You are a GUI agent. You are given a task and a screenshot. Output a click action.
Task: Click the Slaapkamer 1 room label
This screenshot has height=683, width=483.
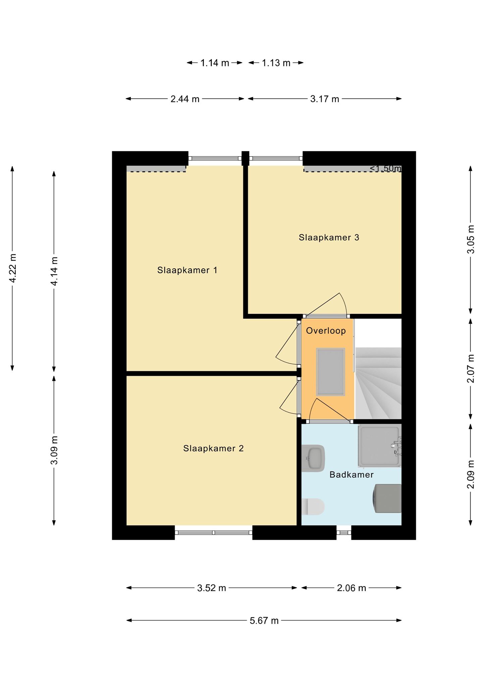(x=187, y=270)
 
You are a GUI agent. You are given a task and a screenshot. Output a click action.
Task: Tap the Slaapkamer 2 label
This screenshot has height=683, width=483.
(x=213, y=448)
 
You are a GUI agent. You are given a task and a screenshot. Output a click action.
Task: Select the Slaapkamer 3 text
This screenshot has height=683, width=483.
(x=329, y=238)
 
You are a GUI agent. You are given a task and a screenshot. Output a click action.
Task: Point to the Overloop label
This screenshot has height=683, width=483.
(x=326, y=331)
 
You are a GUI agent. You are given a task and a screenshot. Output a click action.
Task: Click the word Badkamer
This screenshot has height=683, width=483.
(x=352, y=475)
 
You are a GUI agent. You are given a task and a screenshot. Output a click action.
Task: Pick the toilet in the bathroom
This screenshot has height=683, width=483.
(x=313, y=507)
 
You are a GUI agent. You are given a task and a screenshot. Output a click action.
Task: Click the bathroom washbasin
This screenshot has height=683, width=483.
(x=313, y=458)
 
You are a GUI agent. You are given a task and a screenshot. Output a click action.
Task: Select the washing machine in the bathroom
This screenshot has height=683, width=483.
(x=388, y=498)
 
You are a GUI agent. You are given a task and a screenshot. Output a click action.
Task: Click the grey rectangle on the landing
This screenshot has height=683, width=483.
(x=330, y=372)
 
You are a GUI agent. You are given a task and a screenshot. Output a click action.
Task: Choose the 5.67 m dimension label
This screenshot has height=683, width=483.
(x=264, y=621)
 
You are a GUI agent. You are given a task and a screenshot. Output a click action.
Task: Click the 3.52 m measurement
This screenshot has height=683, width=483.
(x=211, y=588)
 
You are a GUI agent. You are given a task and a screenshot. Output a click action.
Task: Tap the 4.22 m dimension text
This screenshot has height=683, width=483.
(x=13, y=268)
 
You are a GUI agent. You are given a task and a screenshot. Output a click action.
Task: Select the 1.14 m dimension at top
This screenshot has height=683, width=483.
(x=215, y=63)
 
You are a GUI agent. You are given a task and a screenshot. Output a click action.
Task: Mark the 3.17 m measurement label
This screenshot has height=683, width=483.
(x=324, y=99)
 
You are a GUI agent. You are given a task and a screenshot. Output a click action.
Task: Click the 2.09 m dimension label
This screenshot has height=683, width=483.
(x=471, y=474)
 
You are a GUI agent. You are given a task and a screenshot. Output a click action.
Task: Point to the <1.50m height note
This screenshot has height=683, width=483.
(x=385, y=168)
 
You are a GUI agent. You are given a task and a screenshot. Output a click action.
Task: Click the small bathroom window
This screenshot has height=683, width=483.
(x=344, y=532)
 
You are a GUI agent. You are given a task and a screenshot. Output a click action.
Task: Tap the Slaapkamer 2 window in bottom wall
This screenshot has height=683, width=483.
(x=214, y=532)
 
